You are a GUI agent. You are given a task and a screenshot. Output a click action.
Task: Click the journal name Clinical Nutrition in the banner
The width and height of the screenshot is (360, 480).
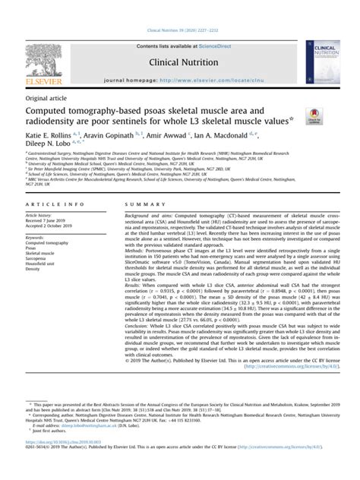(179, 64)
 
